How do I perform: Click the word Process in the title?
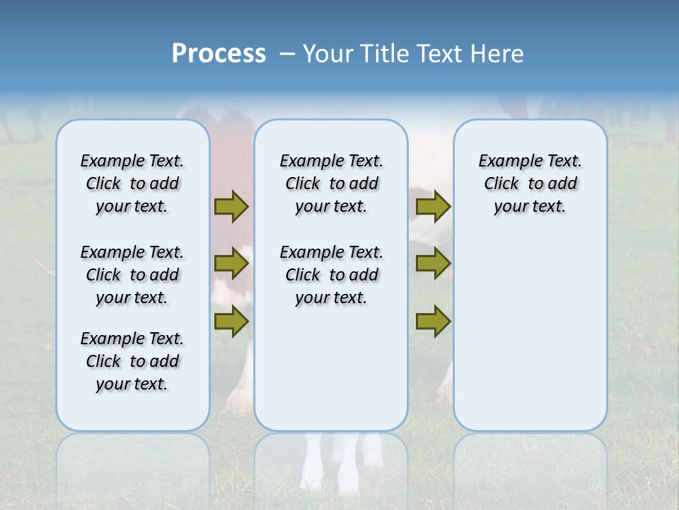(x=219, y=54)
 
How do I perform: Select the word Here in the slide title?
(x=497, y=54)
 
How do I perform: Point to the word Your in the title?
(x=328, y=54)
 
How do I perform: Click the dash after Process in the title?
(x=287, y=55)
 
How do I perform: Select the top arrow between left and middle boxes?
(x=231, y=206)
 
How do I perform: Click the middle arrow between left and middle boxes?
(x=231, y=263)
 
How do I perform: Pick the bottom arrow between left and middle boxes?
(x=231, y=322)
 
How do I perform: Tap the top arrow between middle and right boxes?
(x=433, y=206)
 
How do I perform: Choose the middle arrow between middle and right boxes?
(x=433, y=263)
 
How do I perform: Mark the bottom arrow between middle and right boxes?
(x=433, y=322)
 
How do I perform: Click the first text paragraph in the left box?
(x=132, y=183)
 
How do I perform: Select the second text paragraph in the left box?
(x=132, y=275)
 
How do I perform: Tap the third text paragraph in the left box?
(x=132, y=361)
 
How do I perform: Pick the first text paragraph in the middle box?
(x=331, y=183)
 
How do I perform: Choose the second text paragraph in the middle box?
(x=331, y=275)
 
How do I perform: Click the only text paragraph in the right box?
(x=530, y=183)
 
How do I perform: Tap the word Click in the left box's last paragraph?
(x=103, y=361)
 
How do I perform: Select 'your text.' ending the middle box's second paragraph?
(x=331, y=298)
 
